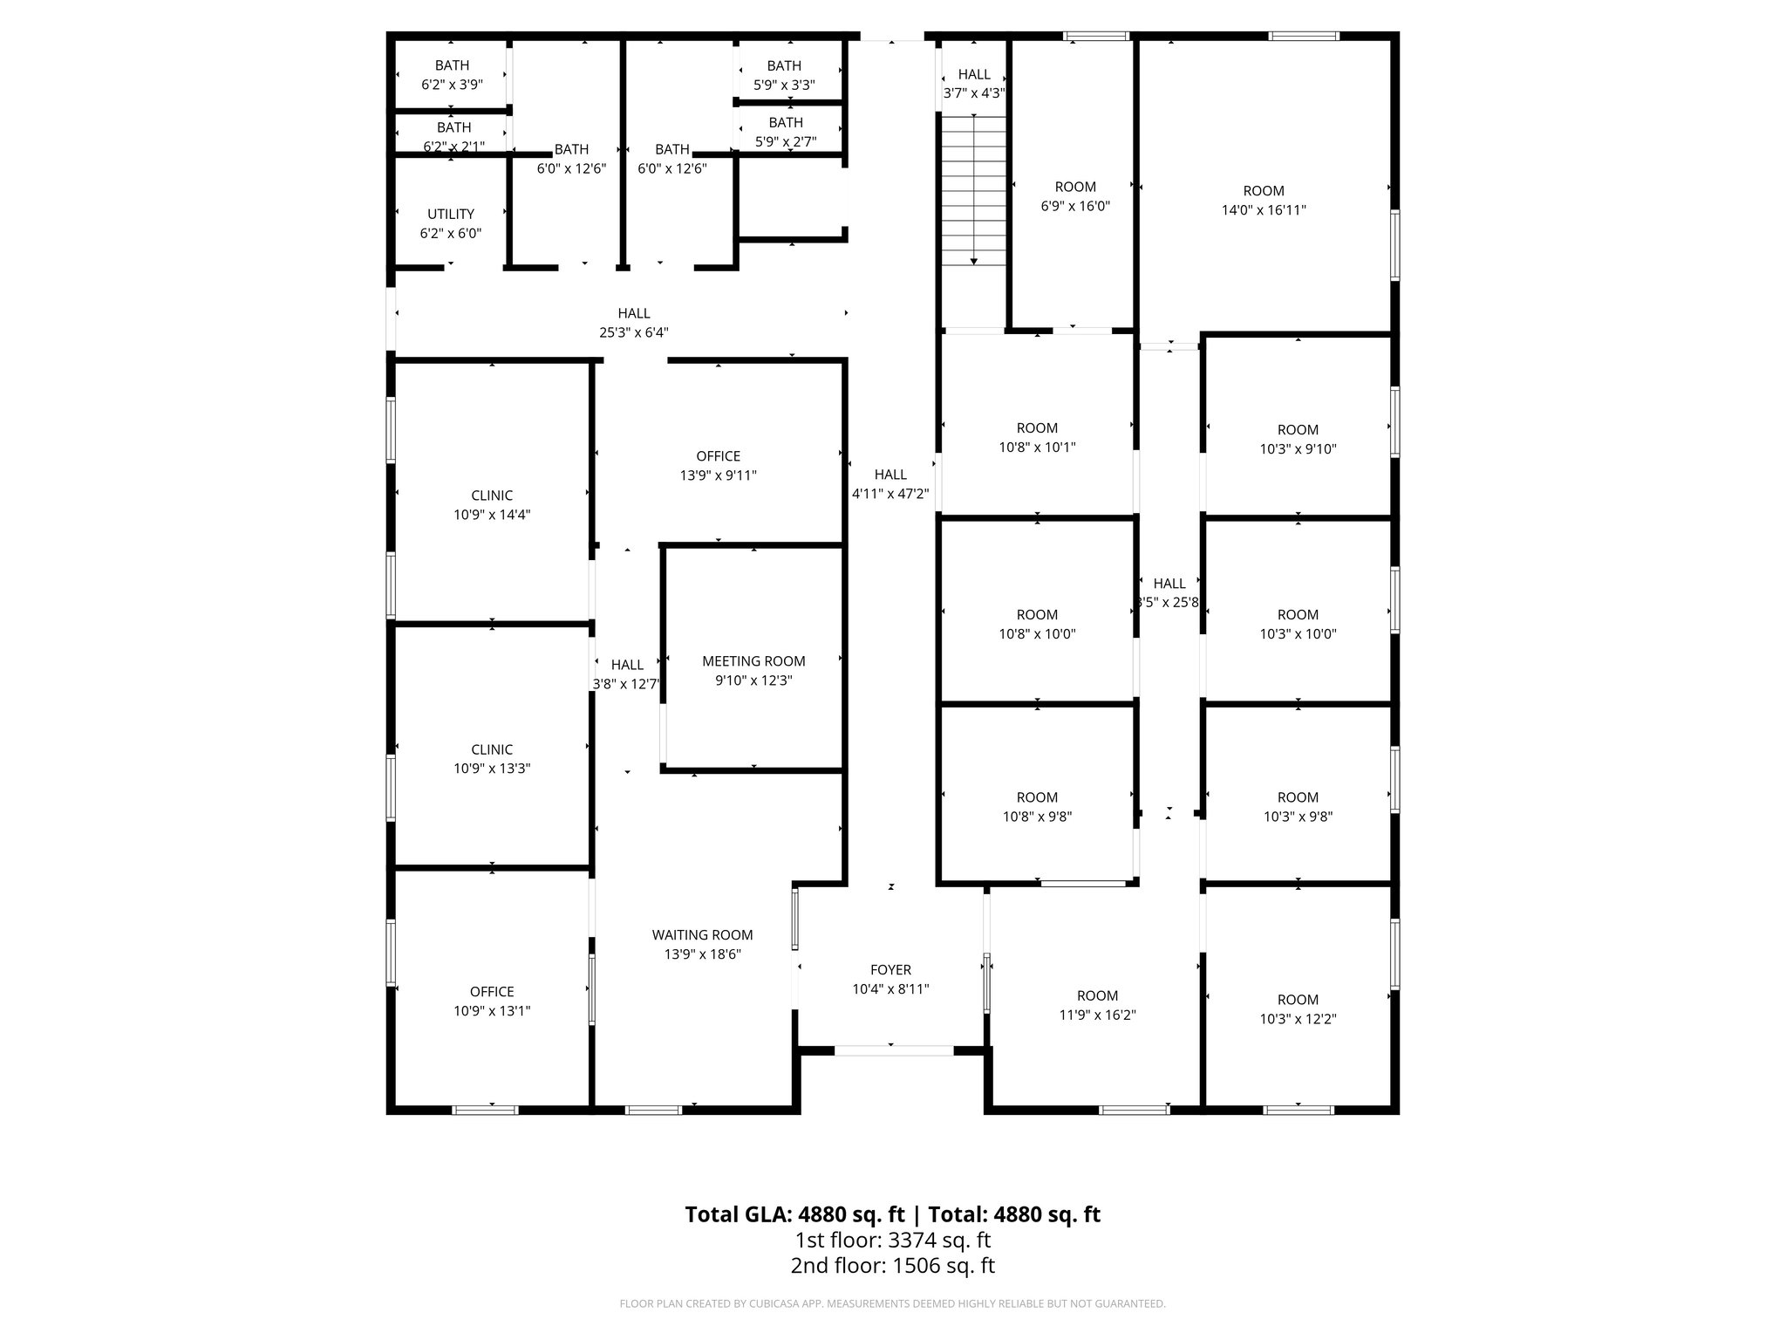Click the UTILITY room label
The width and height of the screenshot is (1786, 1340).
click(451, 215)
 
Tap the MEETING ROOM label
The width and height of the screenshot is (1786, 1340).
click(753, 661)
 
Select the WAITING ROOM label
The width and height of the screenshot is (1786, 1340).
click(702, 935)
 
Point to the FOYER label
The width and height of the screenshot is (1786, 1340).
click(890, 970)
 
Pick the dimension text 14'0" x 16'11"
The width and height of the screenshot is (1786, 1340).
click(1263, 210)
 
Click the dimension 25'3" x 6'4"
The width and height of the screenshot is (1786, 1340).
click(634, 332)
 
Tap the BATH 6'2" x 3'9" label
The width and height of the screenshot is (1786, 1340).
click(452, 65)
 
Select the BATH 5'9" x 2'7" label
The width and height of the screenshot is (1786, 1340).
click(786, 123)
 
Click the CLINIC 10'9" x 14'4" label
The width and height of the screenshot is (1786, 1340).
click(492, 496)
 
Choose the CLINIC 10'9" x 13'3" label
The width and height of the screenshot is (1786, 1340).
click(492, 749)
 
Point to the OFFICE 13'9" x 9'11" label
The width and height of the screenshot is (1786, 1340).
click(718, 456)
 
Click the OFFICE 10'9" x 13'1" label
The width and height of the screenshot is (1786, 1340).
click(492, 992)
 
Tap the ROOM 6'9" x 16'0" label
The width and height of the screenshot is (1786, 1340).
click(1075, 187)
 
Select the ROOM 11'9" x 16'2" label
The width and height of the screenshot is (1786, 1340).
click(1097, 996)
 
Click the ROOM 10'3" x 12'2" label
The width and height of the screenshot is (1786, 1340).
click(1298, 1000)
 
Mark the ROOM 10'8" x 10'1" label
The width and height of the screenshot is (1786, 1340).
click(1037, 428)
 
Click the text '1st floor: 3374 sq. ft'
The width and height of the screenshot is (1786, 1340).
click(892, 1240)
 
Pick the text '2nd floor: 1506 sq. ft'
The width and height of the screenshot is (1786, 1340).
click(892, 1266)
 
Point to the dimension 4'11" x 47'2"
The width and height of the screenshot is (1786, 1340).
click(890, 494)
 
